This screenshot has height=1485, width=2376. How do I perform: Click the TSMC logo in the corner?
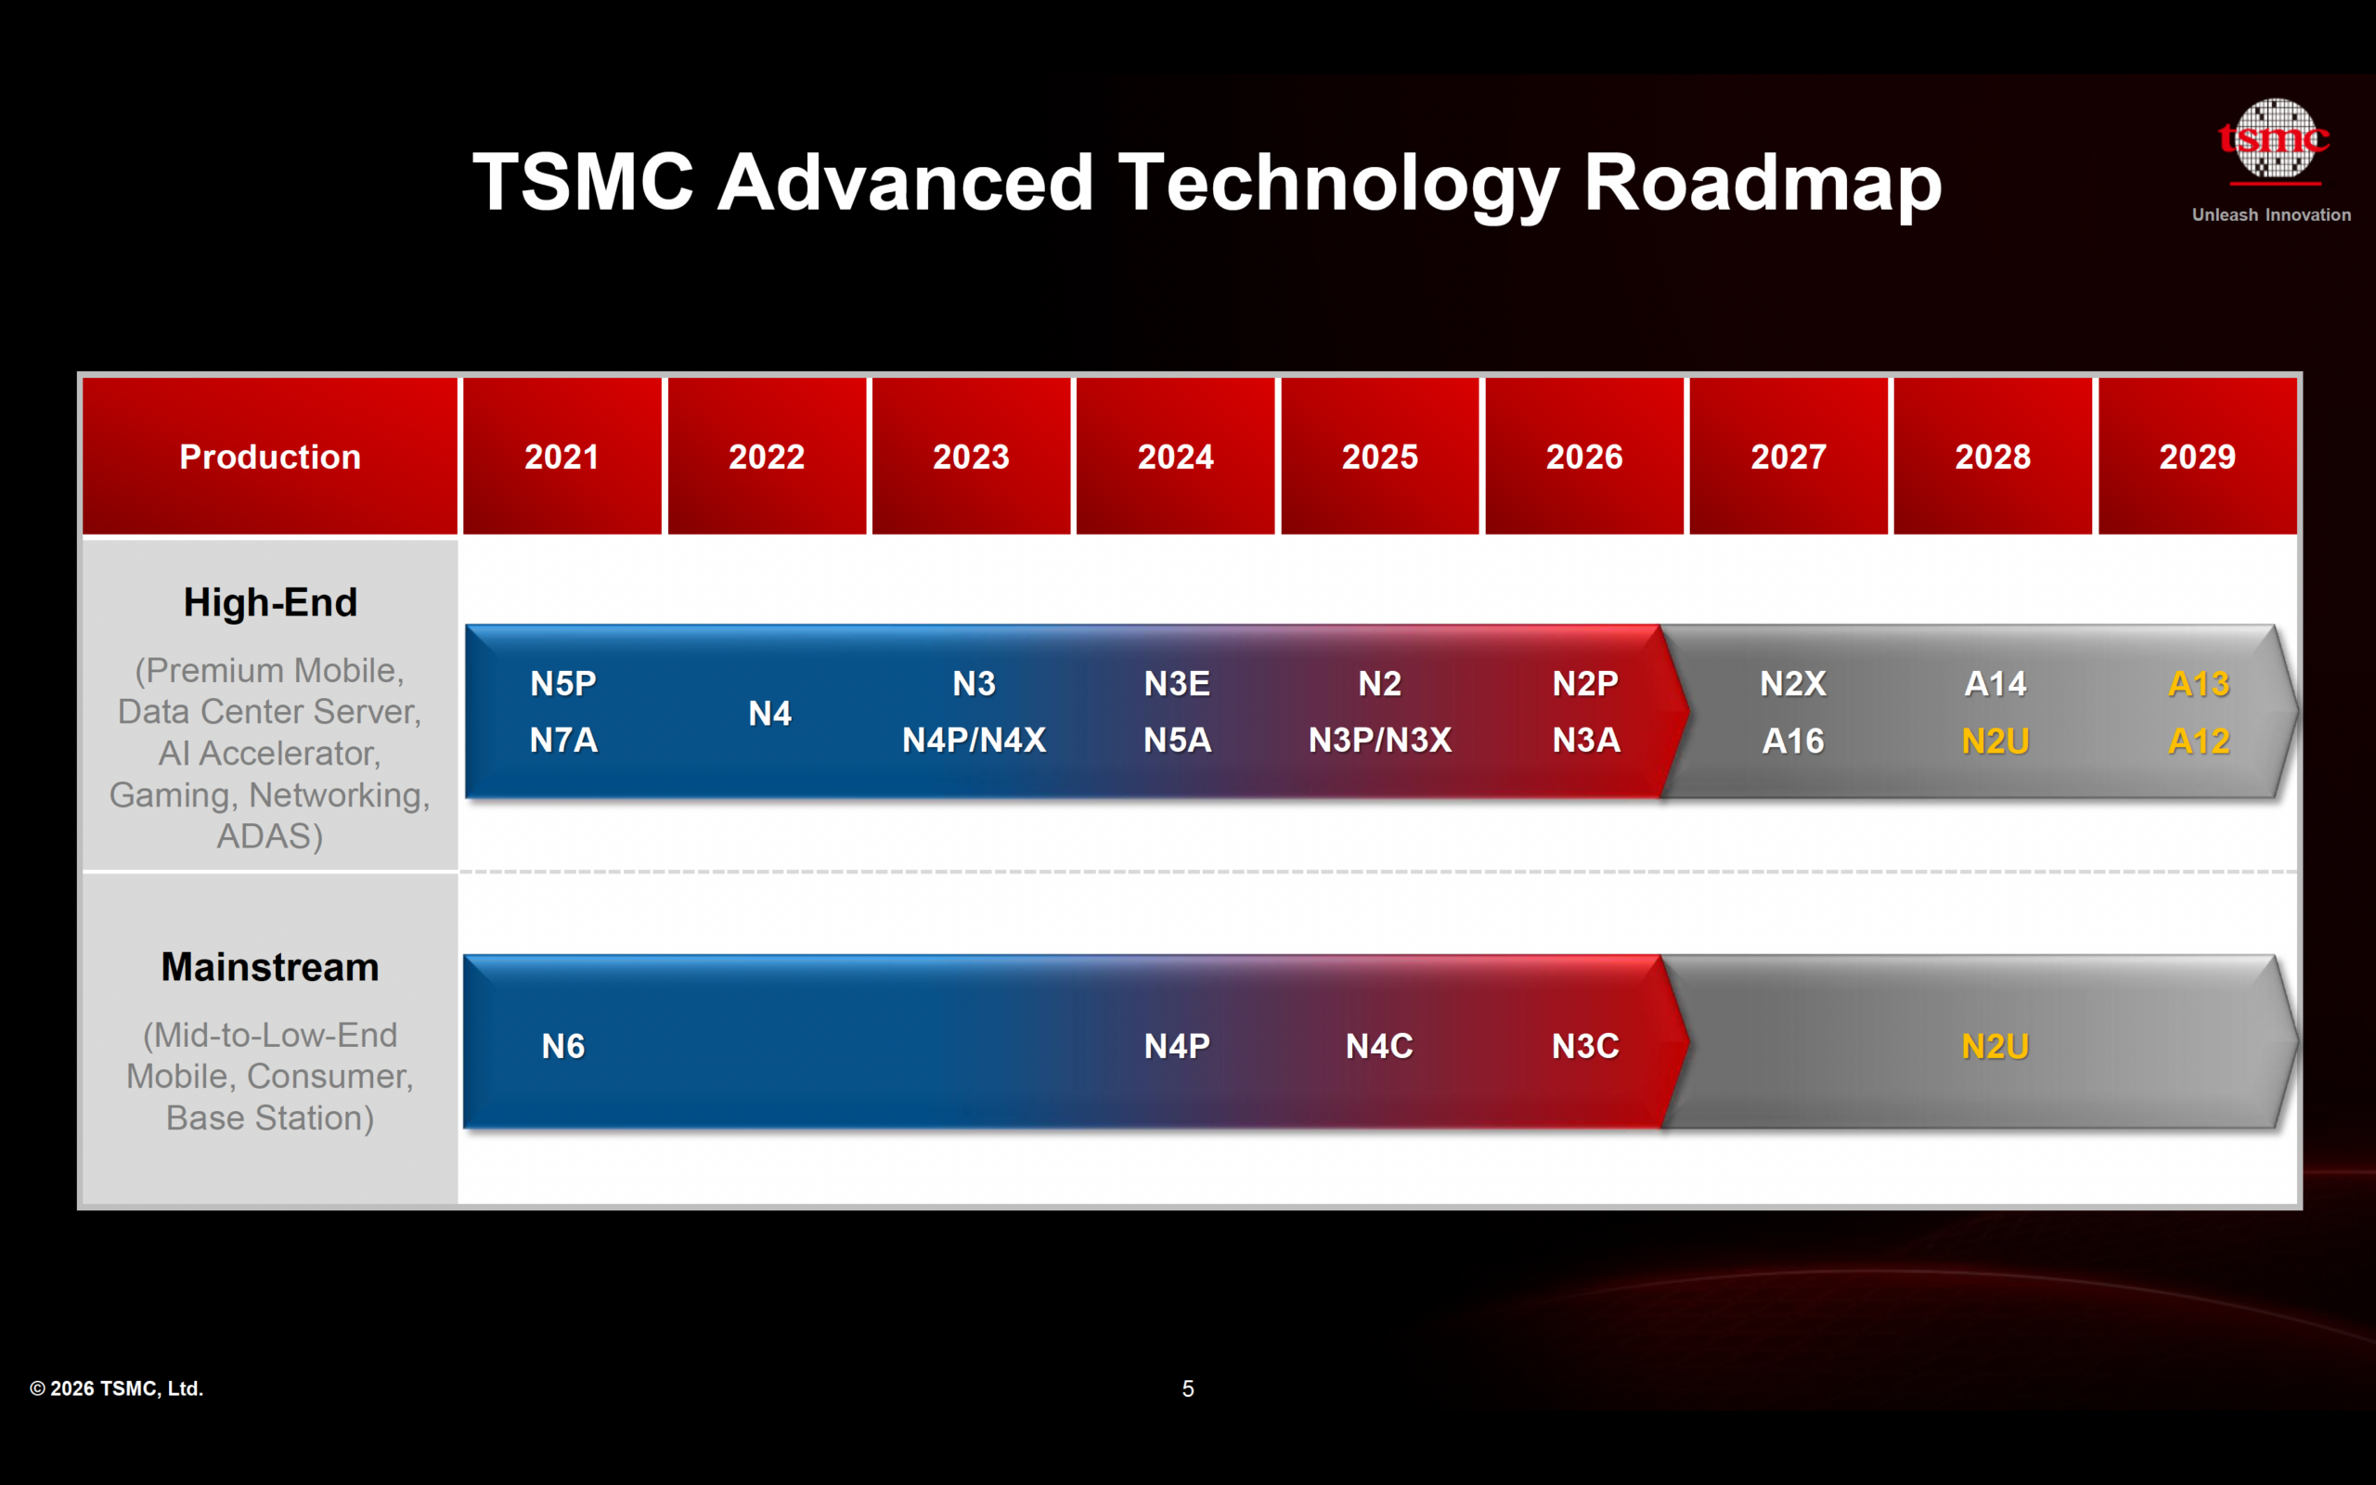point(2273,142)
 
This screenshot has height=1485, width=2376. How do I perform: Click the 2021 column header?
point(562,457)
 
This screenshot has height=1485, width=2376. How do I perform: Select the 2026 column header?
point(1583,457)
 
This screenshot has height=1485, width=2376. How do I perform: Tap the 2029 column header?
point(2196,457)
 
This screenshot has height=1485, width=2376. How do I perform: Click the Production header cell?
point(270,457)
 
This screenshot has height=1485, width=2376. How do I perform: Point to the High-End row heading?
point(270,602)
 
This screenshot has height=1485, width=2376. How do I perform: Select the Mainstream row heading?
point(270,967)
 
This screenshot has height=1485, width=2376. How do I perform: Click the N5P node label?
point(563,684)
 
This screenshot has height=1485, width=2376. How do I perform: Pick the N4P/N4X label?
point(974,741)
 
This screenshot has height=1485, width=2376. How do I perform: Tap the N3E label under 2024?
point(1176,684)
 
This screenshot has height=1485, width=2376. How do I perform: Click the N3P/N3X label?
point(1379,741)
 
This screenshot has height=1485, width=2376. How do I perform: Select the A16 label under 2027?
point(1793,742)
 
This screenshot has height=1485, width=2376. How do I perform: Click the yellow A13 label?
point(2199,684)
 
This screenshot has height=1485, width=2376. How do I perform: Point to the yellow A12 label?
point(2199,742)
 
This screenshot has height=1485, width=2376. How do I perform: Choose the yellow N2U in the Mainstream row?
point(1994,1047)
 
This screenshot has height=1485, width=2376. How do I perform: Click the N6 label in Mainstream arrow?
point(563,1047)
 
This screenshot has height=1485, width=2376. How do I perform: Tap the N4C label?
point(1379,1047)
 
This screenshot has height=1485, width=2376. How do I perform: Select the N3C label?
point(1584,1047)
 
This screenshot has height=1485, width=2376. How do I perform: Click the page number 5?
point(1187,1388)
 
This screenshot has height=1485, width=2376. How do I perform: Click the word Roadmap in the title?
point(1763,184)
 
